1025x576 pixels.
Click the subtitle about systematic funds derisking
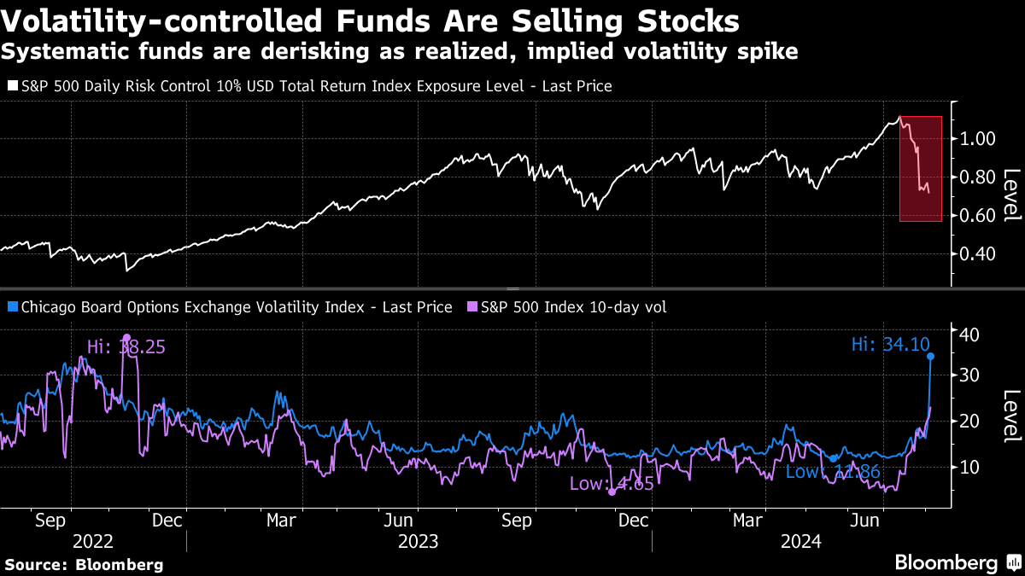pyautogui.click(x=400, y=52)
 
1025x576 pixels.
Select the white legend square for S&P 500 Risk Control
pyautogui.click(x=11, y=86)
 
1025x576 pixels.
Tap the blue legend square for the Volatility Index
pyautogui.click(x=11, y=307)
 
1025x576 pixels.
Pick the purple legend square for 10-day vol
pyautogui.click(x=472, y=307)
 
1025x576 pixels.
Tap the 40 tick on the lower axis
pyautogui.click(x=969, y=334)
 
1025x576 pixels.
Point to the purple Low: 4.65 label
pyautogui.click(x=612, y=484)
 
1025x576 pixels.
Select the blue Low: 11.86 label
pyautogui.click(x=833, y=472)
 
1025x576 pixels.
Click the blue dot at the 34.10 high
pyautogui.click(x=930, y=356)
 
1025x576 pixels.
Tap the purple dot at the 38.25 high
pyautogui.click(x=127, y=338)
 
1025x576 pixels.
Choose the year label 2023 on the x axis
pyautogui.click(x=418, y=541)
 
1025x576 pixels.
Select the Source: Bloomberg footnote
pyautogui.click(x=84, y=564)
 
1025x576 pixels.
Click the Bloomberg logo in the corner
pyautogui.click(x=955, y=563)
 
